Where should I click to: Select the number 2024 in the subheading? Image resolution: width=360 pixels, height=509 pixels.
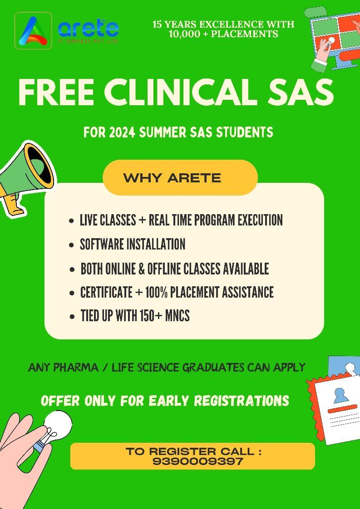click(120, 132)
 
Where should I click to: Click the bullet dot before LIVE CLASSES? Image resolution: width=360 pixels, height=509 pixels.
click(71, 221)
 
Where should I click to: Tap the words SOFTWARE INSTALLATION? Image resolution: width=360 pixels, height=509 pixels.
click(133, 245)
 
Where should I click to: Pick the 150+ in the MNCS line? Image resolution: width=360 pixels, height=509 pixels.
click(147, 316)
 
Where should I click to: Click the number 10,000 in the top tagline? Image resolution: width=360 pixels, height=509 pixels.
click(185, 34)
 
